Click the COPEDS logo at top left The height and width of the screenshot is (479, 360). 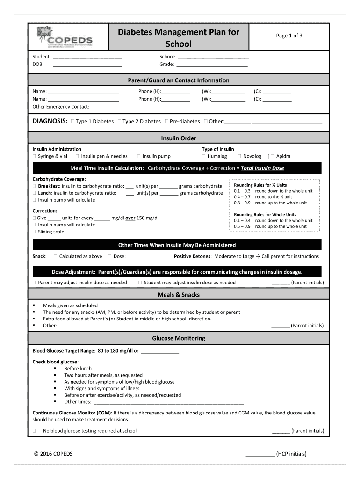(65, 36)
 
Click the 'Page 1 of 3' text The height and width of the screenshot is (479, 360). (289, 36)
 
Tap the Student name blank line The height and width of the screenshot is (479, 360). (87, 57)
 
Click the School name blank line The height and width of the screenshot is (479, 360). (213, 57)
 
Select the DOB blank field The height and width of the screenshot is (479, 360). (87, 65)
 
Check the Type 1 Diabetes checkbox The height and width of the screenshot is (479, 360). (72, 122)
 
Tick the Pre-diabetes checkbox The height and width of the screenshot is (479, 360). (166, 122)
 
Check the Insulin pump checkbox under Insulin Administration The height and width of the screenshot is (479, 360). (138, 156)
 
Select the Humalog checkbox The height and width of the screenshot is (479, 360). (203, 156)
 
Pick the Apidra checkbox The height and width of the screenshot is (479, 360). (272, 156)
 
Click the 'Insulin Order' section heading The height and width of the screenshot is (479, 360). (179, 138)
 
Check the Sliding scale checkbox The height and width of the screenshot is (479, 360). (34, 232)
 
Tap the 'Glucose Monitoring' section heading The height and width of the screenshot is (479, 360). (179, 338)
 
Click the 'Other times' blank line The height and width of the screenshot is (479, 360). (169, 402)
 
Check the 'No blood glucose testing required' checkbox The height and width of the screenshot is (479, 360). (34, 431)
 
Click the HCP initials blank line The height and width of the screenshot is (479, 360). (259, 454)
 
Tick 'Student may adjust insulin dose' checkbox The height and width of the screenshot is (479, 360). (140, 283)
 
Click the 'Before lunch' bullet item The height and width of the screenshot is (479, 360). (78, 369)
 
